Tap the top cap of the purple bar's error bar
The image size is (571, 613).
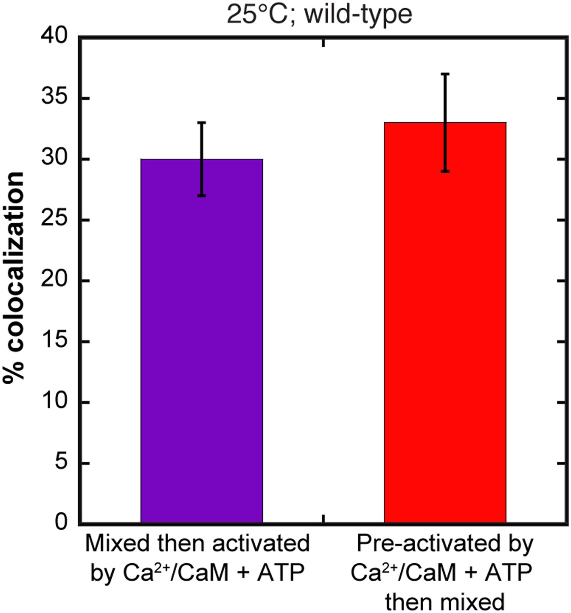(202, 122)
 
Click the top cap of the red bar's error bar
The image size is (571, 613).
(445, 74)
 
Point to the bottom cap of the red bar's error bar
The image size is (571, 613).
(445, 172)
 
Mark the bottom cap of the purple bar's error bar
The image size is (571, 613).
(202, 196)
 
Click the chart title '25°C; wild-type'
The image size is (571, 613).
(319, 15)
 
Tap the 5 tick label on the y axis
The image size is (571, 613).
(61, 463)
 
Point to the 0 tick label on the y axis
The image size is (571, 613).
(61, 523)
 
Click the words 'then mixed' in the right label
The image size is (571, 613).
(445, 602)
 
